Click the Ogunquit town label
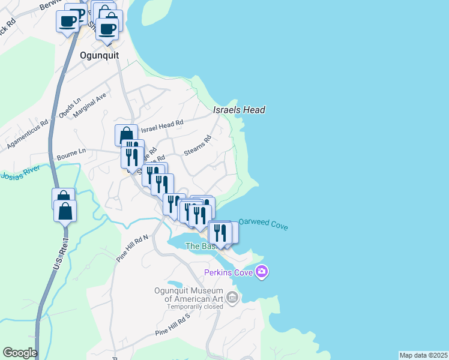coord(100,55)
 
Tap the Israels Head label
coord(239,110)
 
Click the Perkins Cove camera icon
coord(261,272)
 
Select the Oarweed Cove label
coord(263,224)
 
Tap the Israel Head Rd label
coord(162,126)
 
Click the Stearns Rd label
coord(198,147)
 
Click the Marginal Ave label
coord(91,104)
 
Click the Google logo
coord(20,352)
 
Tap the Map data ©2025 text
coord(423,355)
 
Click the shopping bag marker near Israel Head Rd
coord(125,136)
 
